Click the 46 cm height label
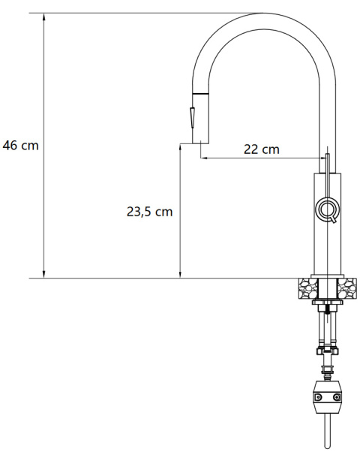tap(20, 146)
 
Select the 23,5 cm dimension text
tap(149, 212)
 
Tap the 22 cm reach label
tap(261, 149)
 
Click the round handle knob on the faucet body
tap(327, 210)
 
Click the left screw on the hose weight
tap(318, 396)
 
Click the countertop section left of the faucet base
tap(307, 287)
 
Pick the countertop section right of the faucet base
tap(346, 287)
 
